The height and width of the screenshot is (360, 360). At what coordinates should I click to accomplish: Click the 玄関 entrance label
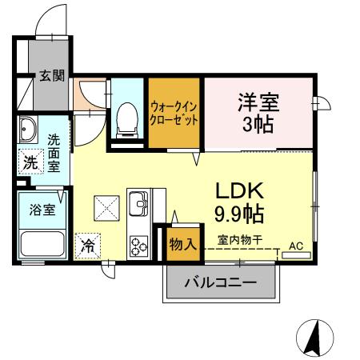(54, 78)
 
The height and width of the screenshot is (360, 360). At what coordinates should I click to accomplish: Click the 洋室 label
(256, 102)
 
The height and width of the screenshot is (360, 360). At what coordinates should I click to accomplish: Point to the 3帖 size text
(256, 126)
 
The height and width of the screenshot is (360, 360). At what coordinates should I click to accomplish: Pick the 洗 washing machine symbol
(30, 162)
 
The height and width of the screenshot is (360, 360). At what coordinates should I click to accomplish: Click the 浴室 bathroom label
(42, 210)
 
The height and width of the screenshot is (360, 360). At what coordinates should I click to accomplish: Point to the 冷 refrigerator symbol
(88, 246)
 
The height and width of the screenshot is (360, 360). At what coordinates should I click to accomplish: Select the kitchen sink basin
(138, 203)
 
